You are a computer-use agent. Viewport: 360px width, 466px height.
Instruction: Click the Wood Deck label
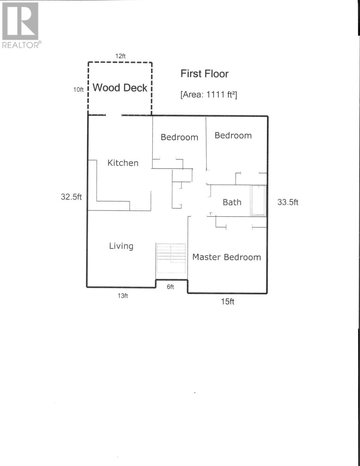120,88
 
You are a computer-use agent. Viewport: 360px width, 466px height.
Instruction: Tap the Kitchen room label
123,163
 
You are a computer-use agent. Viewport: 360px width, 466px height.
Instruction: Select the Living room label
121,246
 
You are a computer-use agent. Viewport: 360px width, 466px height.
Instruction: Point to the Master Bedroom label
227,257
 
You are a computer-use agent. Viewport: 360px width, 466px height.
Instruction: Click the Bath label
232,202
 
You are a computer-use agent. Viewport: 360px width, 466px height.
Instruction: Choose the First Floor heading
204,74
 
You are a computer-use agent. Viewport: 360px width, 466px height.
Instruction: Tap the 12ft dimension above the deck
120,56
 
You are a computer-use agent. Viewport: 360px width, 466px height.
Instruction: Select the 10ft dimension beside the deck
78,90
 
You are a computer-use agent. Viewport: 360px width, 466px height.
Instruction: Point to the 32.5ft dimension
71,197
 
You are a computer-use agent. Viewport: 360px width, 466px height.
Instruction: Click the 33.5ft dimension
288,202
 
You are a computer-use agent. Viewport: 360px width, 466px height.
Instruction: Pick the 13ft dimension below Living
123,296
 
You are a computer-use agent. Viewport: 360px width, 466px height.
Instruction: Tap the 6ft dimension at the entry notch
170,287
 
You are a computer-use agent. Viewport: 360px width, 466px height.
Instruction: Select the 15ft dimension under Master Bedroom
227,301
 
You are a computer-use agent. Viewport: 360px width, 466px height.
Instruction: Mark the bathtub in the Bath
258,201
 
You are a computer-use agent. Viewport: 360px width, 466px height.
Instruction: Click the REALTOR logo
21,25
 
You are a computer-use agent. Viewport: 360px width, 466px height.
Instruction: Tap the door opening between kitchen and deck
114,115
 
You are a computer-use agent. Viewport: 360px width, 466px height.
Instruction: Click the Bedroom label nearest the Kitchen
180,137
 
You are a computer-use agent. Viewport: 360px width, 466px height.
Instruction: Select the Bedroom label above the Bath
233,136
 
